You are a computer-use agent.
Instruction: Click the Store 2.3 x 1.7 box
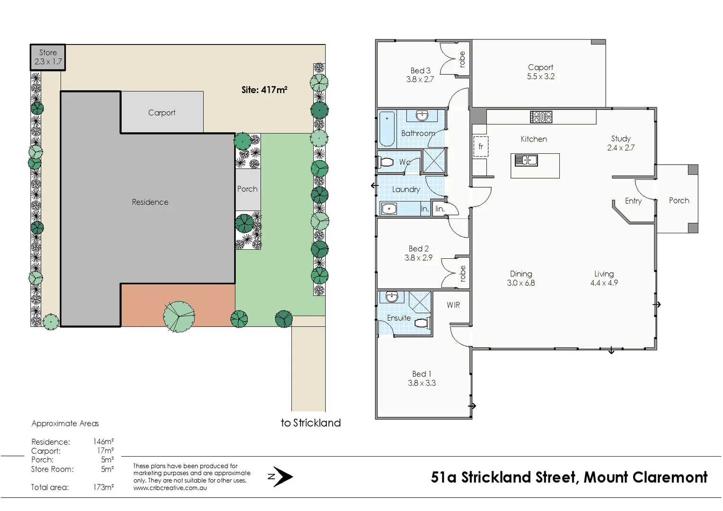(48, 57)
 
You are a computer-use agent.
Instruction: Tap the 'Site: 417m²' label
(264, 90)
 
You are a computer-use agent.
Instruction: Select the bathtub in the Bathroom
(387, 128)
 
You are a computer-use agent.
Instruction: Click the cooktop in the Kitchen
(541, 117)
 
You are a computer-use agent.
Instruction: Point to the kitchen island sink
(526, 160)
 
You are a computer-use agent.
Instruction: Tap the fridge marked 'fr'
(481, 147)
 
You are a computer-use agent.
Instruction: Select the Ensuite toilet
(422, 323)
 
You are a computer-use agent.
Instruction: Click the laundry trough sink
(389, 209)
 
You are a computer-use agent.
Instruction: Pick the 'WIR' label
(453, 305)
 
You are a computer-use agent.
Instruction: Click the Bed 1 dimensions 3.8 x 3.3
(422, 383)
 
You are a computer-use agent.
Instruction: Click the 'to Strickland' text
(310, 423)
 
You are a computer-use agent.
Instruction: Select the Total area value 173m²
(103, 487)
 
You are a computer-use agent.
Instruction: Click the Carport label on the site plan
(161, 113)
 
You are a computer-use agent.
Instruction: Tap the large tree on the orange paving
(179, 316)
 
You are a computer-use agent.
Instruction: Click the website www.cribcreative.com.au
(170, 488)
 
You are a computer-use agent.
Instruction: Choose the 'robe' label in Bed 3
(462, 59)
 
